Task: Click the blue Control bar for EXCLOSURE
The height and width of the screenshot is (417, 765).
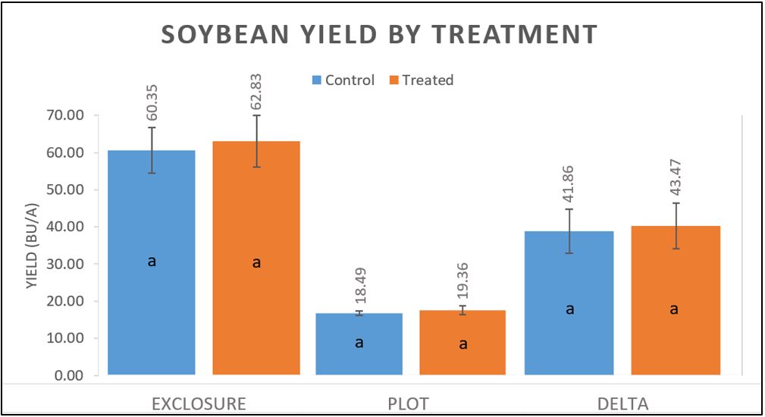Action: tap(152, 303)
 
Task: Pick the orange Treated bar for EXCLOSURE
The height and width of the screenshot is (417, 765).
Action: tap(256, 303)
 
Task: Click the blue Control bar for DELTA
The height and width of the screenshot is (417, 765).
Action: tap(569, 341)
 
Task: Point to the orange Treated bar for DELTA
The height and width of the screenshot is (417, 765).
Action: tap(674, 341)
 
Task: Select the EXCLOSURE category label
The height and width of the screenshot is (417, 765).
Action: tap(199, 403)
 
